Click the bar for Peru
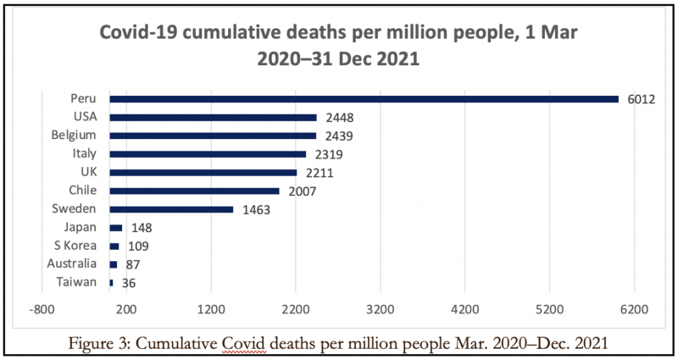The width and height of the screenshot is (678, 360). (x=364, y=99)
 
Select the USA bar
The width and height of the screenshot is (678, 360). (x=214, y=117)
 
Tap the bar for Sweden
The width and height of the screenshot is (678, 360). (x=171, y=209)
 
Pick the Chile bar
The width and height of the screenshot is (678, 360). (x=195, y=191)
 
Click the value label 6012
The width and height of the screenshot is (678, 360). (x=641, y=99)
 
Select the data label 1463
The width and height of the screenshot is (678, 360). (x=255, y=209)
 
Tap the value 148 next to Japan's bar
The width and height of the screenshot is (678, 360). (x=140, y=228)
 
